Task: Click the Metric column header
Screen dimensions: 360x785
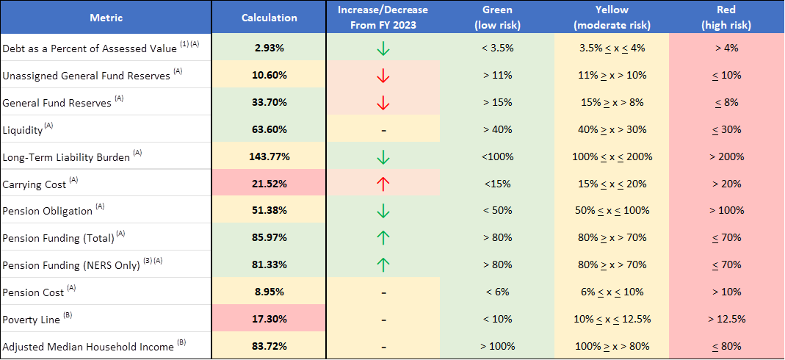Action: click(106, 18)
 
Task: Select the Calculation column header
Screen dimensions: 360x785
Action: click(269, 18)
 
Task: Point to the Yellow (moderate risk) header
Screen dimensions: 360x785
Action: click(612, 18)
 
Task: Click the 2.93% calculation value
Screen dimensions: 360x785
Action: click(269, 48)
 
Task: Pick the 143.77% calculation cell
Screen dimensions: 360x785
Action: click(269, 156)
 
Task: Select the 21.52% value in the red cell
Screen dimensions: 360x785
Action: click(269, 183)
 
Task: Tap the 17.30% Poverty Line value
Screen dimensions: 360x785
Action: click(269, 318)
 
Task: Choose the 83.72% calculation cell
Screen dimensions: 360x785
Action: click(269, 345)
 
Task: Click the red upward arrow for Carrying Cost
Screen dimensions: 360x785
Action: click(383, 183)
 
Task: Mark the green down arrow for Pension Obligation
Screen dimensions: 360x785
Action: click(383, 210)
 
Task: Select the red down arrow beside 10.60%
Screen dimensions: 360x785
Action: click(383, 75)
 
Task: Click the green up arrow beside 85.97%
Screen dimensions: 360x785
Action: click(383, 237)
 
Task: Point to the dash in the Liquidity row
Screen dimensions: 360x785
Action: click(383, 129)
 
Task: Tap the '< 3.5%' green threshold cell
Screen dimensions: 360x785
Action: click(497, 48)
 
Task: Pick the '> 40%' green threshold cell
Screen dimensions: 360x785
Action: click(497, 129)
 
